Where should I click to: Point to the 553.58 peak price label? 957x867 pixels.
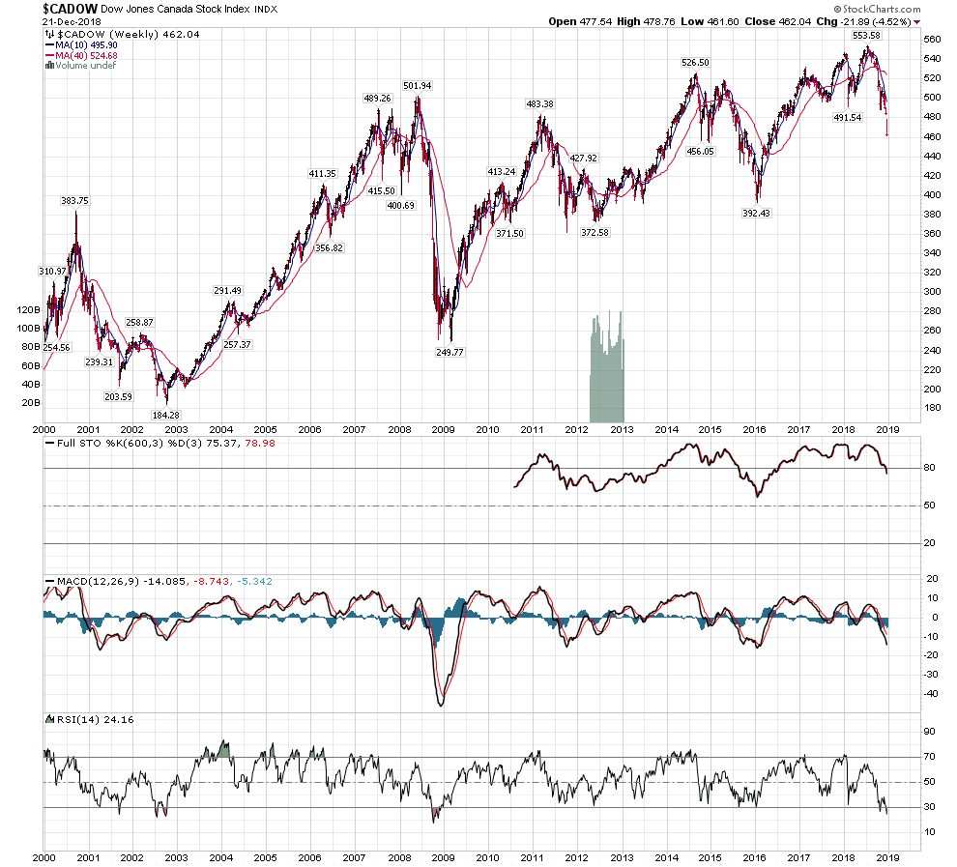[866, 35]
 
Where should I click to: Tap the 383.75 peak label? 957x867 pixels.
[74, 201]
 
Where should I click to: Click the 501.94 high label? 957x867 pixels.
[418, 86]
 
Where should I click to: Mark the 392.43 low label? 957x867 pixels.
[762, 213]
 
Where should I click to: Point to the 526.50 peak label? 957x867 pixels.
[695, 62]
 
